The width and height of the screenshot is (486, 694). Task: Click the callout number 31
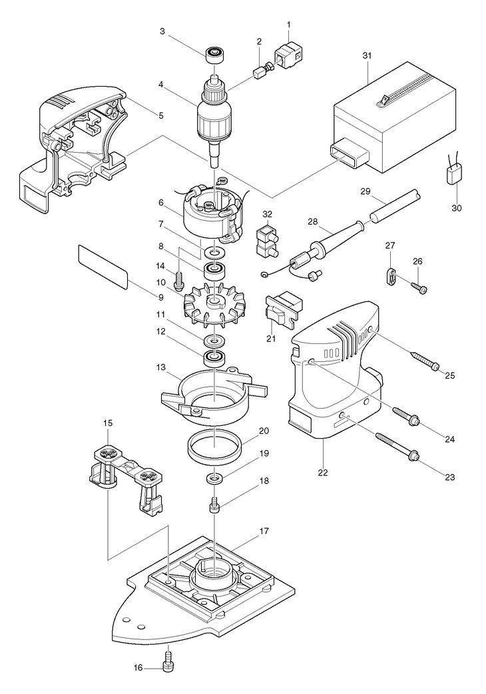coord(367,55)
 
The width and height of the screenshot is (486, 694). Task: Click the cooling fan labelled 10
coord(214,303)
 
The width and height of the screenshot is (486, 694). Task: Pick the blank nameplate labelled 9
coord(103,266)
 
